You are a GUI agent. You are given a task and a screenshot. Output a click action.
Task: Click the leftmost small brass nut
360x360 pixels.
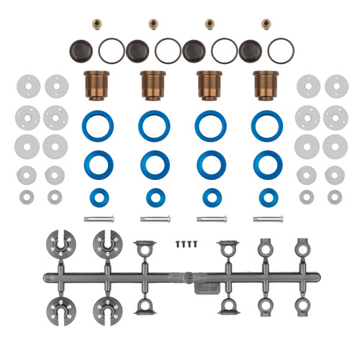click(x=96, y=24)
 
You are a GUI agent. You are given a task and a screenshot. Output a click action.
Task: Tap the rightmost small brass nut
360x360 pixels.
click(x=266, y=24)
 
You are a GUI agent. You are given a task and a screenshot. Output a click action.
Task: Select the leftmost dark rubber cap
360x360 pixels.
click(x=80, y=50)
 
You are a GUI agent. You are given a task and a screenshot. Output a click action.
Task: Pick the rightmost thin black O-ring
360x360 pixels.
click(x=280, y=50)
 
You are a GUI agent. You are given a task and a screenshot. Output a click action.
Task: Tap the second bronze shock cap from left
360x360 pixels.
click(x=153, y=84)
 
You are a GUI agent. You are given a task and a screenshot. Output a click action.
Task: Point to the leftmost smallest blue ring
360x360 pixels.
click(x=96, y=197)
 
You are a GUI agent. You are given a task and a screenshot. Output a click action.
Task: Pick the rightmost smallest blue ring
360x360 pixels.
click(x=267, y=197)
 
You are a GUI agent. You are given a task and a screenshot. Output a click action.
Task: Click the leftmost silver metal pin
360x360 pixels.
click(x=98, y=219)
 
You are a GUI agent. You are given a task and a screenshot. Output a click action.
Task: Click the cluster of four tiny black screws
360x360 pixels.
click(x=185, y=245)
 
